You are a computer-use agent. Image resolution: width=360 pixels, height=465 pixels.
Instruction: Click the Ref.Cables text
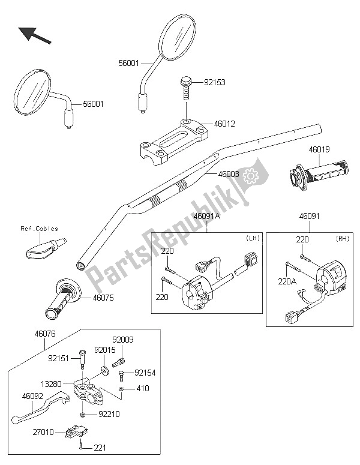tap(40, 229)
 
